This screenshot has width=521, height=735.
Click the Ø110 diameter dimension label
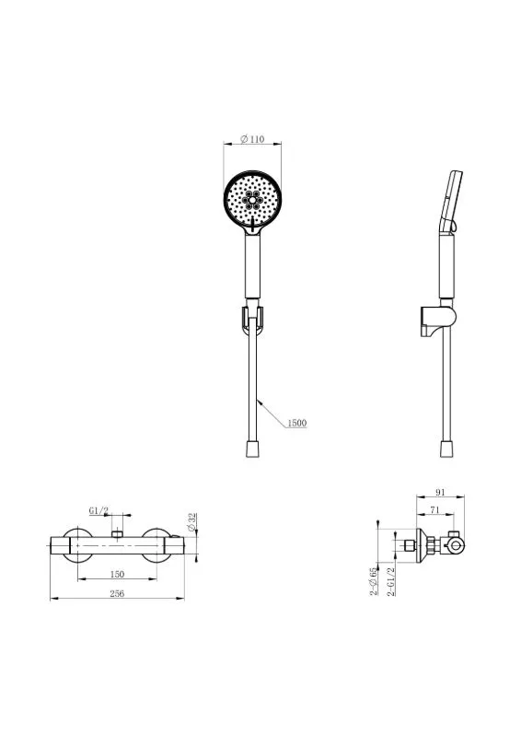tap(252, 139)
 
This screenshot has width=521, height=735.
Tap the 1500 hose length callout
tap(297, 423)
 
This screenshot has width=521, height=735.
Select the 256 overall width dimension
tap(117, 593)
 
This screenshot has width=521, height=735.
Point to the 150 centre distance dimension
tap(117, 574)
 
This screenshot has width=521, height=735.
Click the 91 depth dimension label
tap(440, 492)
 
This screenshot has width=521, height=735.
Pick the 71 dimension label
tap(435, 509)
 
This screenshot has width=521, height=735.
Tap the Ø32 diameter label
tap(191, 522)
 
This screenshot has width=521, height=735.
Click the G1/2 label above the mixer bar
tap(98, 510)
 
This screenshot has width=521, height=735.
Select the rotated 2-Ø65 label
tap(374, 581)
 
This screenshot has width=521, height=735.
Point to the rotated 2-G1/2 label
tap(391, 581)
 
